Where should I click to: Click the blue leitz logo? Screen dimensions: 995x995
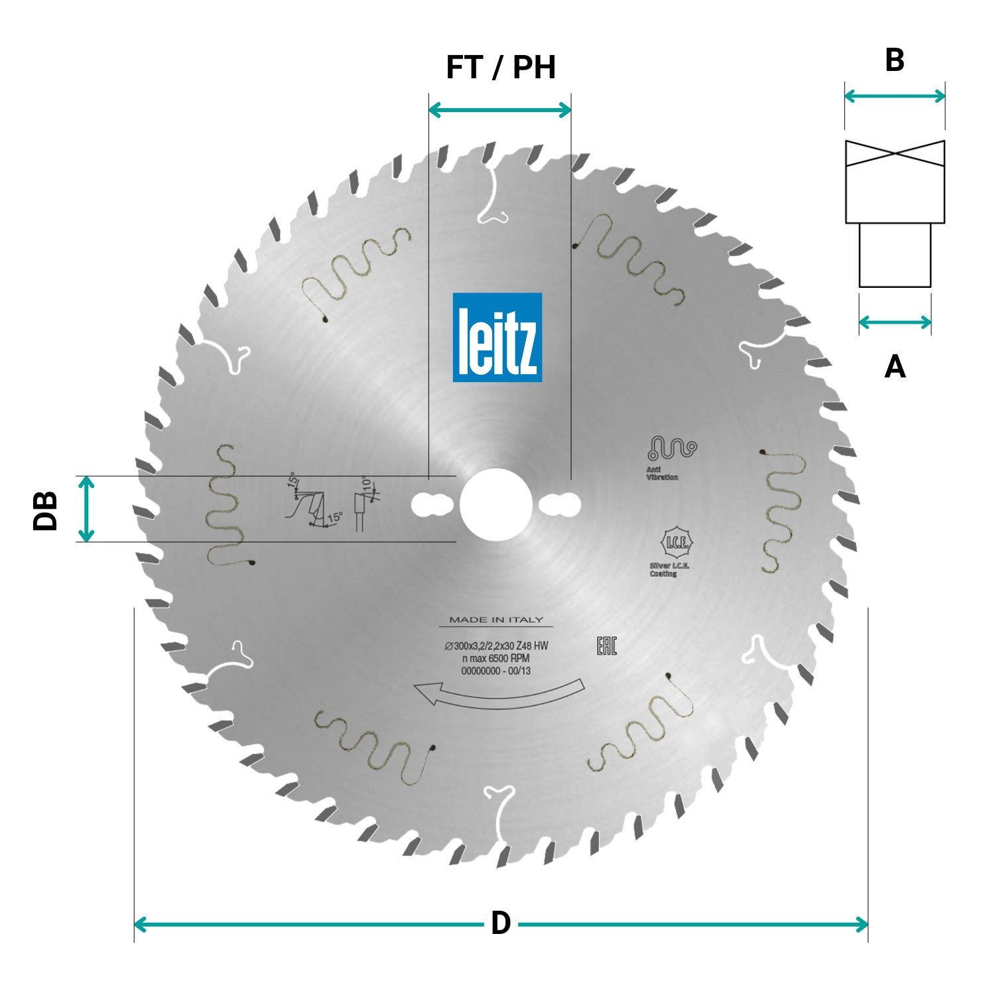[497, 337]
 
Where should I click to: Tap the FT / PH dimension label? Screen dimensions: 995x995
[501, 68]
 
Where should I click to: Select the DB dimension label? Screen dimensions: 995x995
[45, 510]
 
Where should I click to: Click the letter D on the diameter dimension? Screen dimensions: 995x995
[501, 923]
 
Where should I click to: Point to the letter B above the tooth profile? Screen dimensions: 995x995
[894, 60]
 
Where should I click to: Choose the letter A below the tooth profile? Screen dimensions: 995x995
[895, 366]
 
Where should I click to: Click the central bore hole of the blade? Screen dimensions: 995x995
[496, 504]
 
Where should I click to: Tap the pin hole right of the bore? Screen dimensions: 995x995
[560, 505]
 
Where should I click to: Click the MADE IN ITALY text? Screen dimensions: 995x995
[496, 620]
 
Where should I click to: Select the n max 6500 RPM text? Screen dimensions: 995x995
[496, 659]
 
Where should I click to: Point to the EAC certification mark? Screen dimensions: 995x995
[606, 645]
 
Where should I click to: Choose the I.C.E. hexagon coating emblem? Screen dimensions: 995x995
[676, 543]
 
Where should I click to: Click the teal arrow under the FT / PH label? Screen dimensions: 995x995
[499, 110]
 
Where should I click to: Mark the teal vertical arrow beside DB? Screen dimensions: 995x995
[86, 509]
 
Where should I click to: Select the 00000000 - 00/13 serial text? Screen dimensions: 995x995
[496, 671]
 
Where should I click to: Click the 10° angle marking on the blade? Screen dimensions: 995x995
[365, 482]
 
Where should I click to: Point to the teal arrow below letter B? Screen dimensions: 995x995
[894, 96]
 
